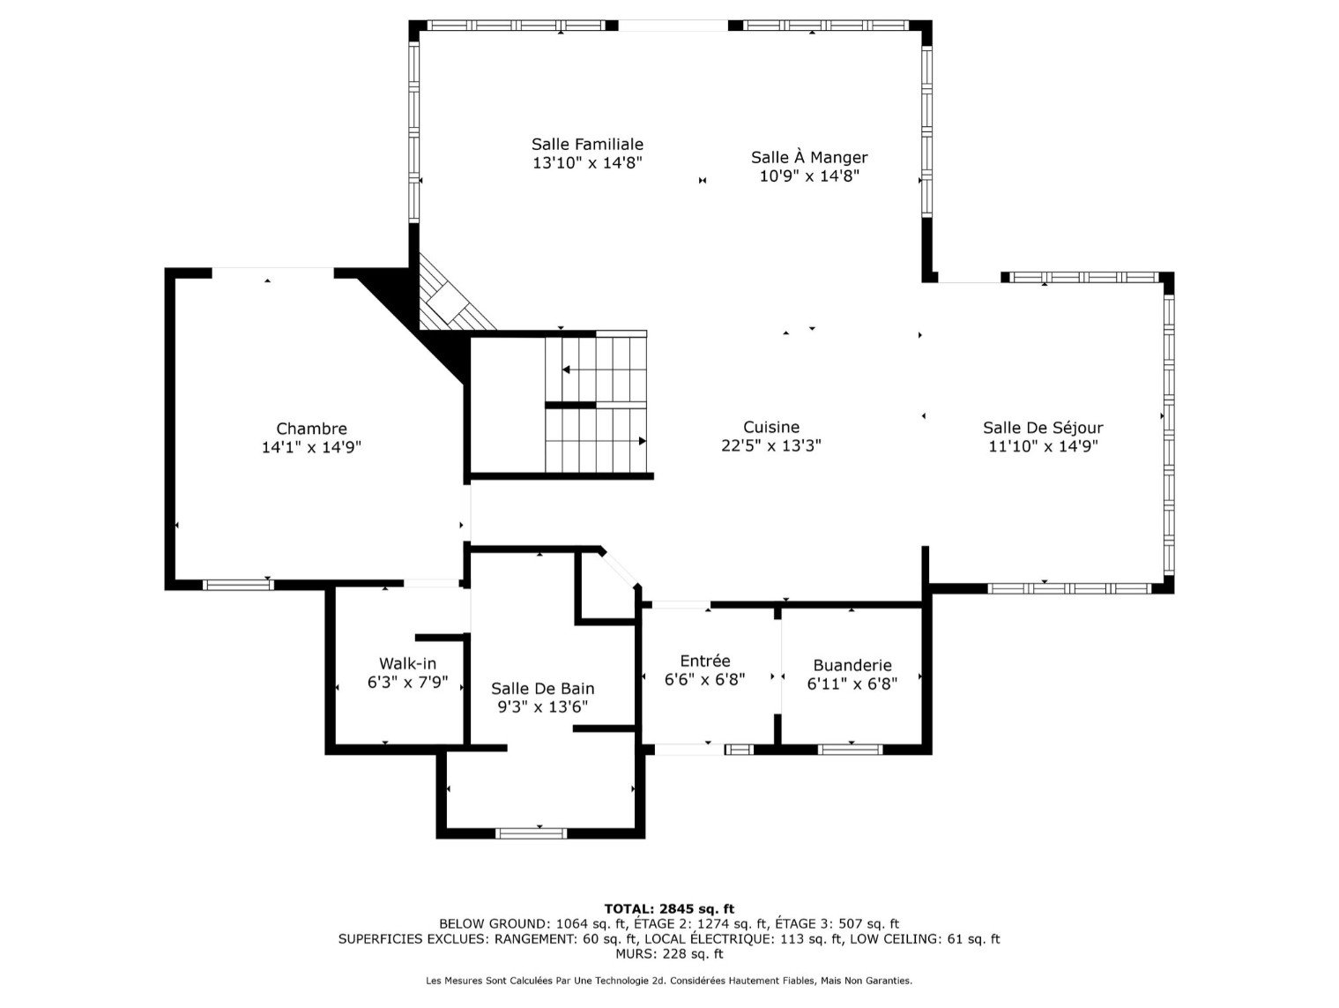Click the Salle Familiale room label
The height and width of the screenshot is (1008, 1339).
[587, 144]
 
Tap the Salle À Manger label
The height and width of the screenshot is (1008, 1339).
[809, 157]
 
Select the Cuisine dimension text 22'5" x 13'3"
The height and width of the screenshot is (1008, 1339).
[771, 446]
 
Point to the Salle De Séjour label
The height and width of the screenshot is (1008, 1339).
[1043, 428]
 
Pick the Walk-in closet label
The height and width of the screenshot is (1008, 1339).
[407, 663]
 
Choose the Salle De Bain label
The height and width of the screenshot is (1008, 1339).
[542, 688]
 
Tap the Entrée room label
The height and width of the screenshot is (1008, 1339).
[705, 661]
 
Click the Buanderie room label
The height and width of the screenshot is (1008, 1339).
[852, 665]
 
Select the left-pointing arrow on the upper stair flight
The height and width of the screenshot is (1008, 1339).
[567, 370]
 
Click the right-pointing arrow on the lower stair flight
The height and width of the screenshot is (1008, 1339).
[642, 441]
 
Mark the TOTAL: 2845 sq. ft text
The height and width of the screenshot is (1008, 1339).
[669, 908]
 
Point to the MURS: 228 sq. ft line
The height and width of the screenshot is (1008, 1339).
[669, 953]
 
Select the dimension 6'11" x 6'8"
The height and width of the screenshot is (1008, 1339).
[852, 683]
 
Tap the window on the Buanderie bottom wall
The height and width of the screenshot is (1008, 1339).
[850, 750]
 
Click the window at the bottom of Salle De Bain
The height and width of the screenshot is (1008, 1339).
[531, 833]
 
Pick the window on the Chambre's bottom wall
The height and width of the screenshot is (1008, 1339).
[238, 585]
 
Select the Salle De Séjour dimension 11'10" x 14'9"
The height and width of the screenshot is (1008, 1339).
[1043, 446]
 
